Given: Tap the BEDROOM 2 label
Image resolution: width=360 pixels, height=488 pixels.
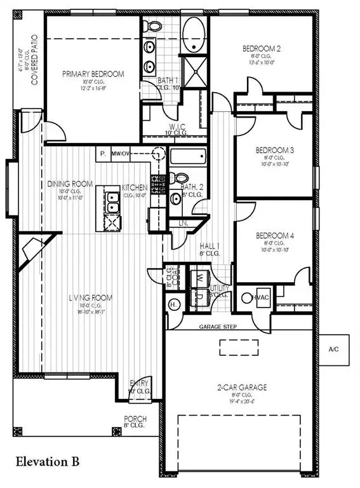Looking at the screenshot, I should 262,48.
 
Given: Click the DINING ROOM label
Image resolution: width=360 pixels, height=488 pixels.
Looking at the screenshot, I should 70,184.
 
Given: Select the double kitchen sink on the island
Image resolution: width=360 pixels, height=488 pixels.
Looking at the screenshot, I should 111,203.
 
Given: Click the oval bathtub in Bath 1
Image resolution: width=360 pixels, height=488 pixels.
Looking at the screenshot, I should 193,29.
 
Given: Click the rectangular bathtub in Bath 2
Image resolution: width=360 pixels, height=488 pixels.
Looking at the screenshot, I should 188,157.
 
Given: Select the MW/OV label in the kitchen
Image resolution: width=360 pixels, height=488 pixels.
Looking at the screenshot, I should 121,154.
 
